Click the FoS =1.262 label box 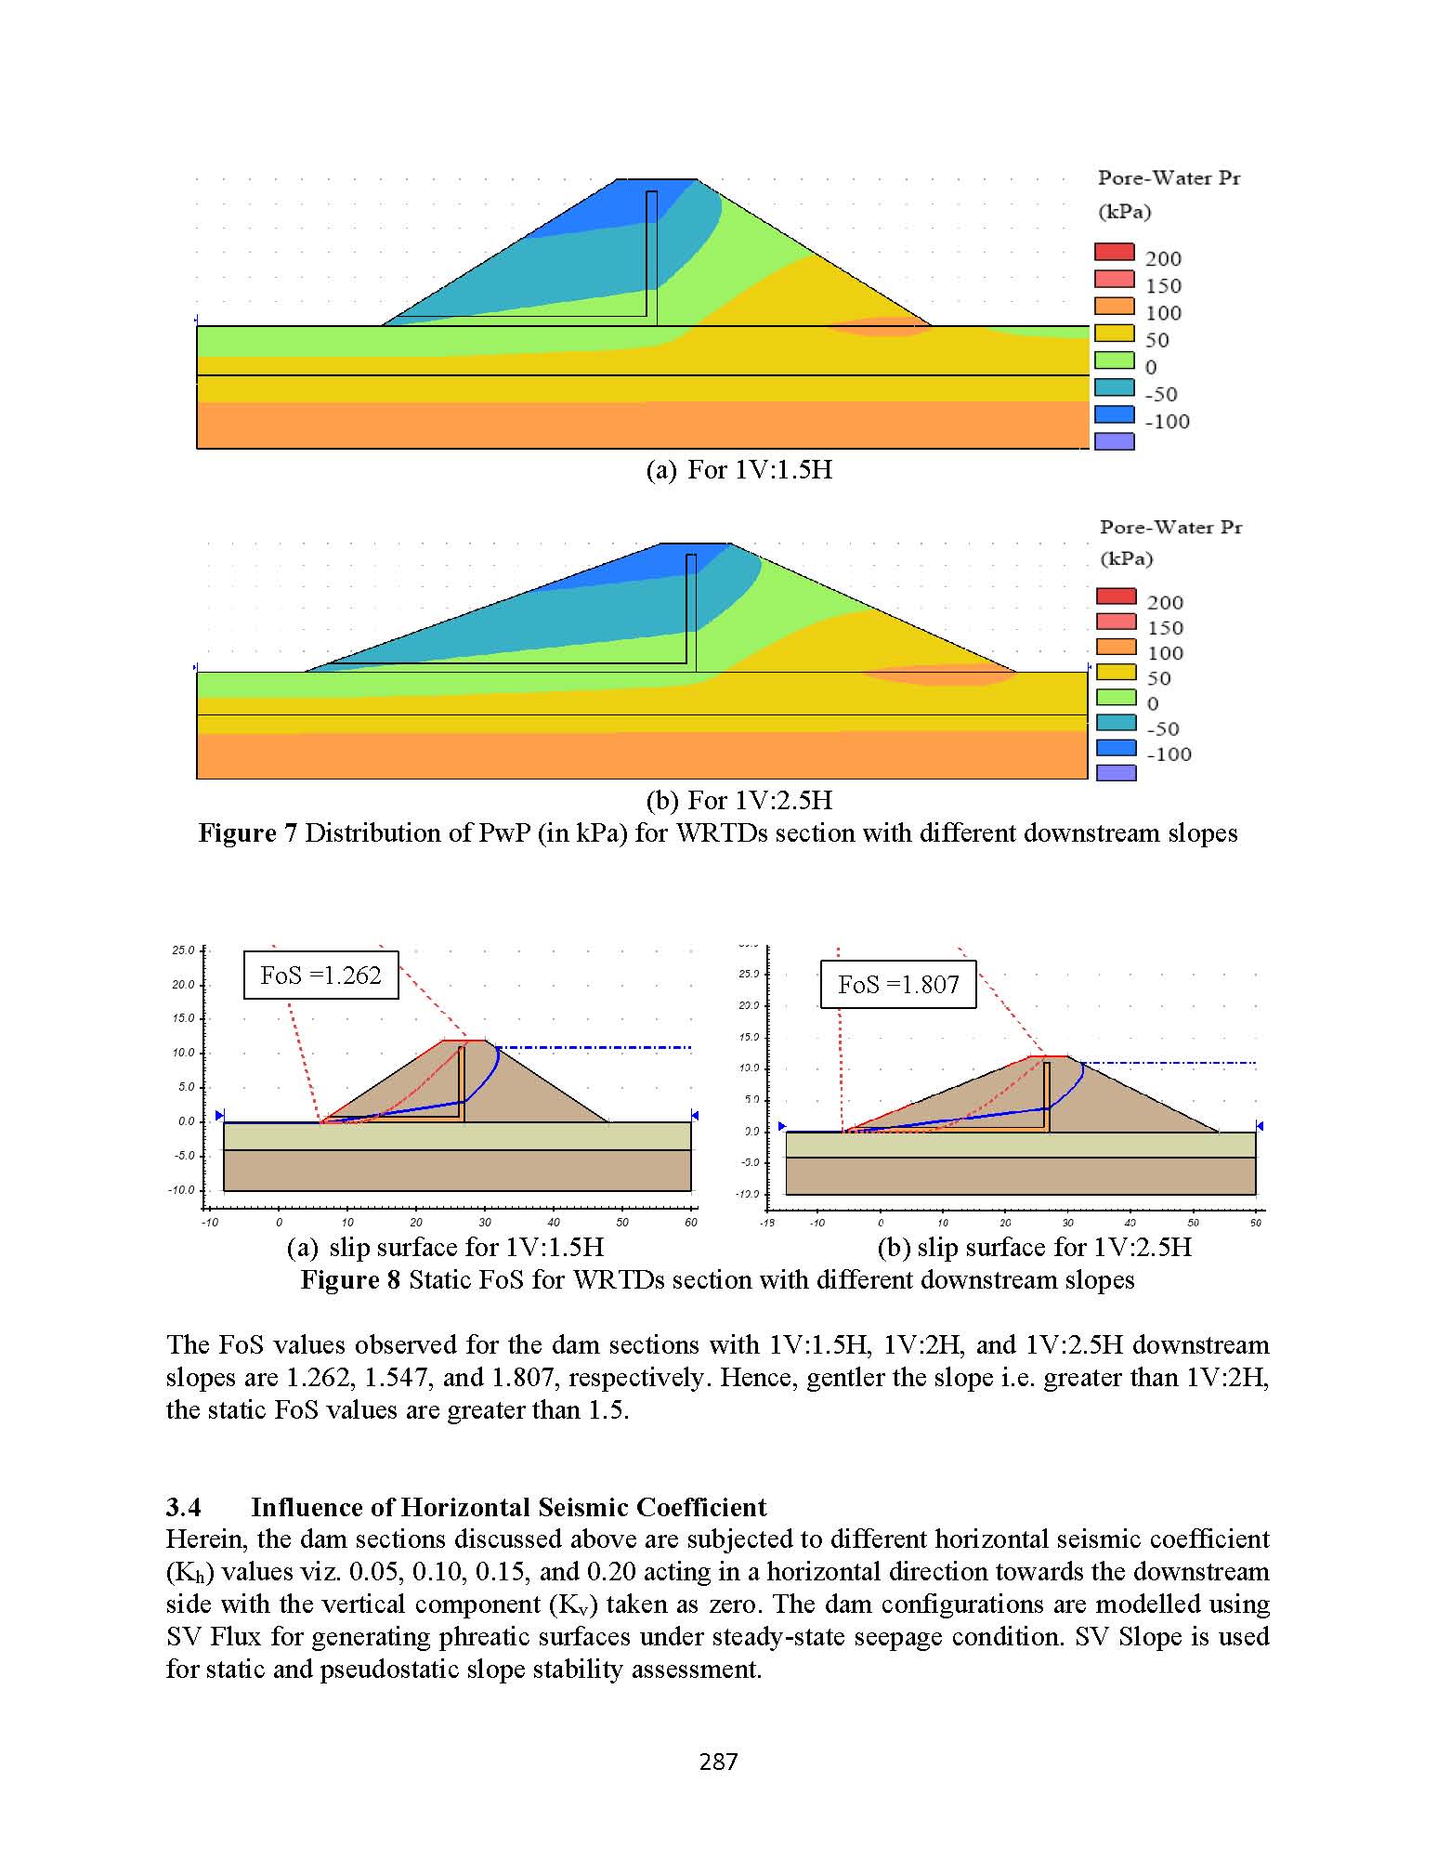point(320,975)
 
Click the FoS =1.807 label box point(898,985)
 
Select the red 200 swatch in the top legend point(1115,252)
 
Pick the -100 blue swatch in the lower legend point(1117,747)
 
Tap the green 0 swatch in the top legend point(1115,360)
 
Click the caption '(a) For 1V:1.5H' point(739,470)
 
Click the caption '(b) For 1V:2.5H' point(739,800)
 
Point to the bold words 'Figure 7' point(247,832)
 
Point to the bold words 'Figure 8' point(350,1280)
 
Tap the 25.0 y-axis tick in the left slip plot point(184,950)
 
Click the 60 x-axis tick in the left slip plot point(691,1223)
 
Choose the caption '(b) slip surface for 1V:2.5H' point(1034,1247)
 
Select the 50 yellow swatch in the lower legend point(1117,672)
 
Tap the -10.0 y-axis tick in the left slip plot point(182,1190)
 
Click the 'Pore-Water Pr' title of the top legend point(1169,178)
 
